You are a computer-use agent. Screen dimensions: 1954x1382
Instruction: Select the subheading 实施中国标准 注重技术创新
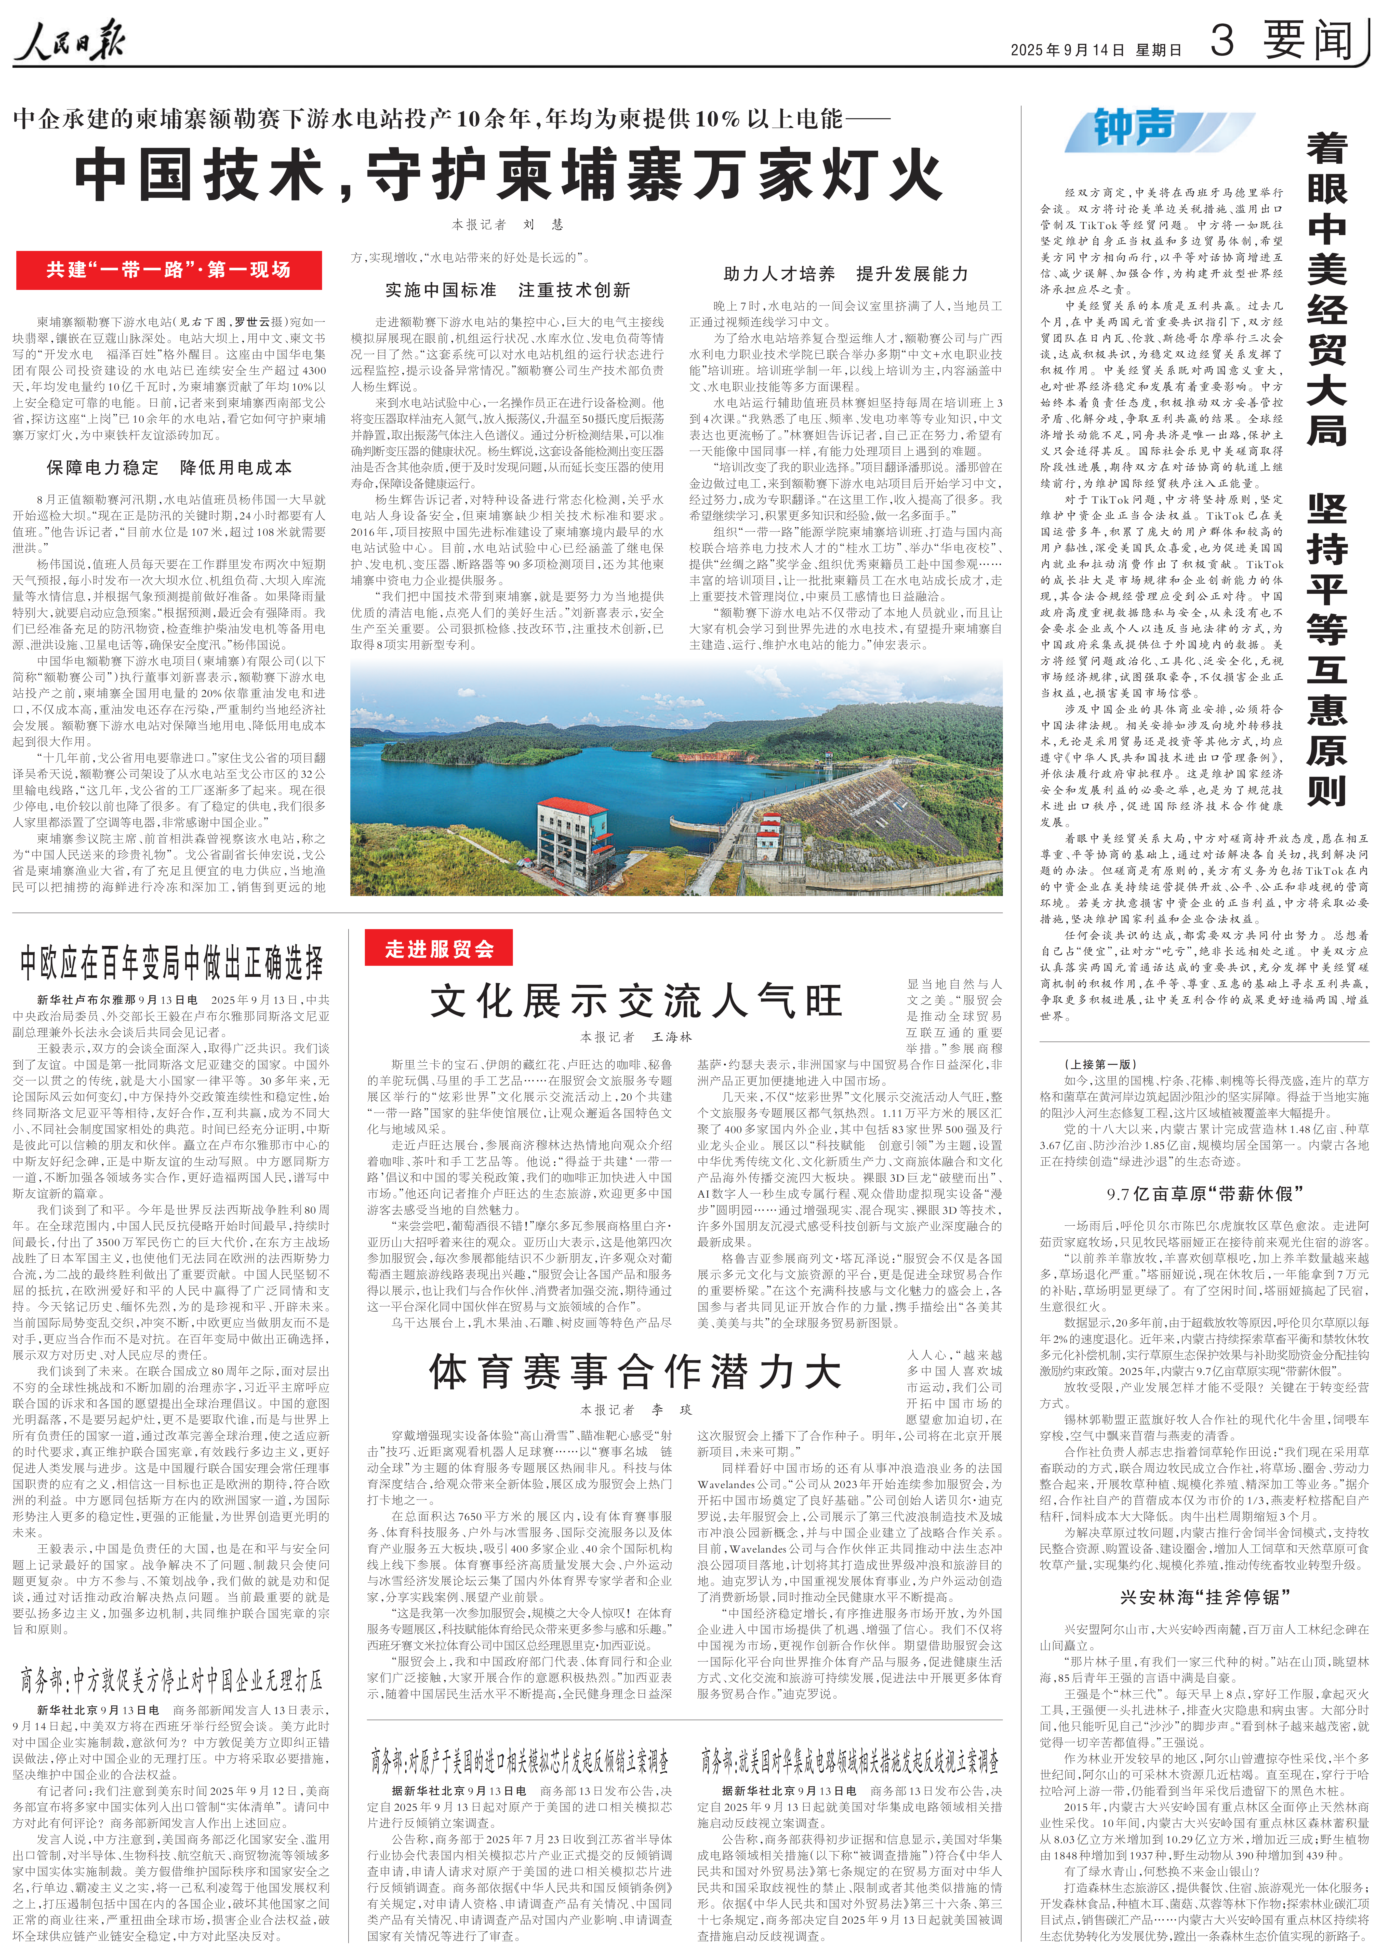(507, 290)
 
